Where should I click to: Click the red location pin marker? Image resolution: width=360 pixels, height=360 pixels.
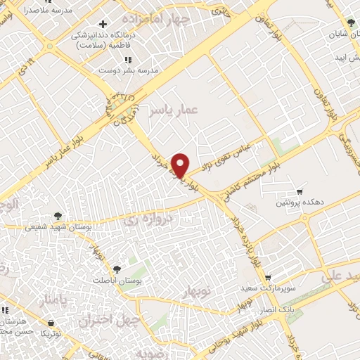pyautogui.click(x=180, y=165)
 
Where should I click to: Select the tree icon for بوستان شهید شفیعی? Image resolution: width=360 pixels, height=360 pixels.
pyautogui.click(x=58, y=216)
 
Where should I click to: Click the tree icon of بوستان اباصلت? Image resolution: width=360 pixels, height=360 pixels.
pyautogui.click(x=116, y=269)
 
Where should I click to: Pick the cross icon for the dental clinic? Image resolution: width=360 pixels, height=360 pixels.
pyautogui.click(x=103, y=25)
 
